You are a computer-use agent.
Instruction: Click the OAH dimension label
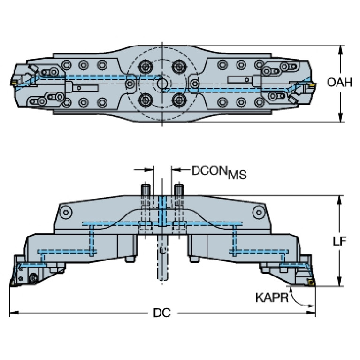pyautogui.click(x=339, y=83)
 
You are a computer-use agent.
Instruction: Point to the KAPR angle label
pyautogui.click(x=272, y=297)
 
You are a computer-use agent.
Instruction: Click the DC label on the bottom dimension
pyautogui.click(x=161, y=313)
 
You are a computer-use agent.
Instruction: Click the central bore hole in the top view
pyautogui.click(x=162, y=83)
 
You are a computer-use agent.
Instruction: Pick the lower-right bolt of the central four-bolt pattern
pyautogui.click(x=178, y=99)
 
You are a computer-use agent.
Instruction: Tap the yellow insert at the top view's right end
pyautogui.click(x=310, y=86)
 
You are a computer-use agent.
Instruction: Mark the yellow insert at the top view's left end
pyautogui.click(x=13, y=83)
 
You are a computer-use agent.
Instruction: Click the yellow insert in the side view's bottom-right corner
pyautogui.click(x=310, y=282)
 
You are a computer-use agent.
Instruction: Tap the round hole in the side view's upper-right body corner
pyautogui.click(x=258, y=213)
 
